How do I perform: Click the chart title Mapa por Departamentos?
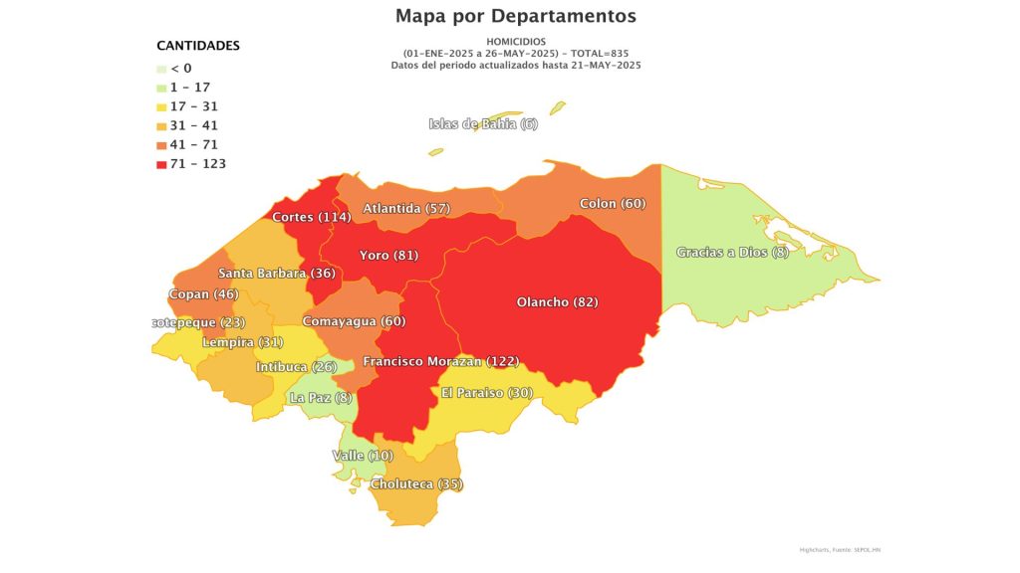pyautogui.click(x=515, y=16)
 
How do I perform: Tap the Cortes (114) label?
pyautogui.click(x=312, y=217)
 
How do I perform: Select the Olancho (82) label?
pyautogui.click(x=557, y=301)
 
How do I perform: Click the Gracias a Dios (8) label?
pyautogui.click(x=732, y=252)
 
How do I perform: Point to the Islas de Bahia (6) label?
pyautogui.click(x=483, y=123)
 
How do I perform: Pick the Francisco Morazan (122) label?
pyautogui.click(x=440, y=361)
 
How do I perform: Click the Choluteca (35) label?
pyautogui.click(x=416, y=484)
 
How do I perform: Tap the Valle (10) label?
pyautogui.click(x=362, y=455)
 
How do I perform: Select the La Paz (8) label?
pyautogui.click(x=320, y=397)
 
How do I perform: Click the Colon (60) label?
pyautogui.click(x=613, y=203)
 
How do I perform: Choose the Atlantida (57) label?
pyautogui.click(x=406, y=208)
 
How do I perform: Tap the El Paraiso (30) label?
pyautogui.click(x=486, y=392)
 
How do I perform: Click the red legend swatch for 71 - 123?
pyautogui.click(x=161, y=163)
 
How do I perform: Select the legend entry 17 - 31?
pyautogui.click(x=193, y=106)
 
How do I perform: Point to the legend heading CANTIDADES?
pyautogui.click(x=198, y=46)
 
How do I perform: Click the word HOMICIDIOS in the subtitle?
pyautogui.click(x=515, y=41)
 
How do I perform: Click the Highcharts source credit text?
pyautogui.click(x=839, y=548)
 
